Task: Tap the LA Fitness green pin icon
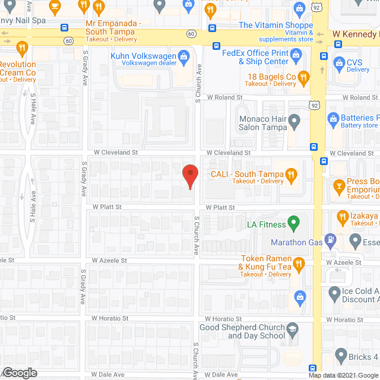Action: pos(292,223)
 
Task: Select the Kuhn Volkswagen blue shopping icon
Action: pos(185,56)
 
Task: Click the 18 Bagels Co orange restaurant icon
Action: pos(304,77)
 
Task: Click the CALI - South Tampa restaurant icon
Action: pos(291,174)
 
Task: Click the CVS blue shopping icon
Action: pos(340,62)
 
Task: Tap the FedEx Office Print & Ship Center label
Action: pos(255,56)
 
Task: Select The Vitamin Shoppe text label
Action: pos(275,25)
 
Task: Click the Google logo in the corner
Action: pos(19,372)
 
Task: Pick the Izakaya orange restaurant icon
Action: pos(341,218)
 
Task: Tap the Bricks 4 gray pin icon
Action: pos(341,356)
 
